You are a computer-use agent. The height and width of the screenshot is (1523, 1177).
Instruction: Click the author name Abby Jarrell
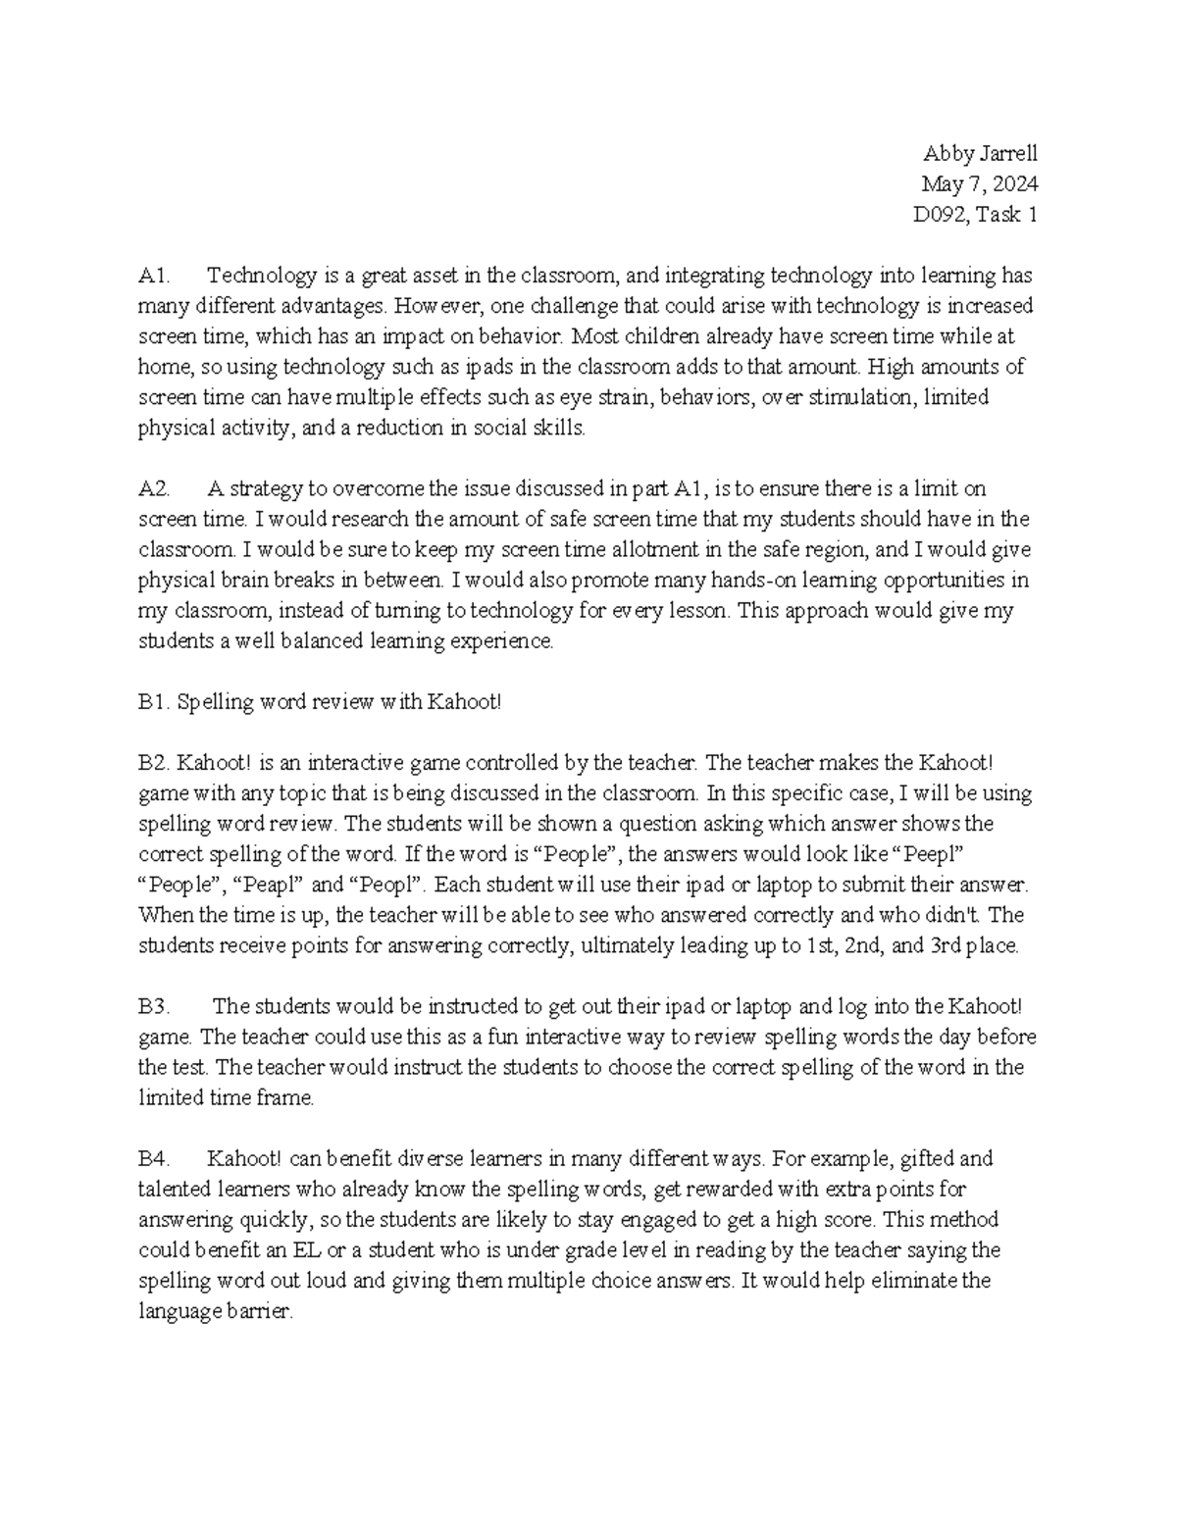(x=980, y=153)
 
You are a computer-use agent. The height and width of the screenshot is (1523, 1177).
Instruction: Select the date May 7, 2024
(x=979, y=183)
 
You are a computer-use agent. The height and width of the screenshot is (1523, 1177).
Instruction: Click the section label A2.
(x=155, y=488)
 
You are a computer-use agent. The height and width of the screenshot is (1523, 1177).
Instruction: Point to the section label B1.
(x=154, y=702)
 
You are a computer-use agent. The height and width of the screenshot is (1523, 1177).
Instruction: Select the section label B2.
(x=154, y=763)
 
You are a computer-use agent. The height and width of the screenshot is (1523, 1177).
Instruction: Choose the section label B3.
(x=154, y=1006)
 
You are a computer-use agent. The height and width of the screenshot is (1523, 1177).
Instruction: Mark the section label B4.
(x=155, y=1158)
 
